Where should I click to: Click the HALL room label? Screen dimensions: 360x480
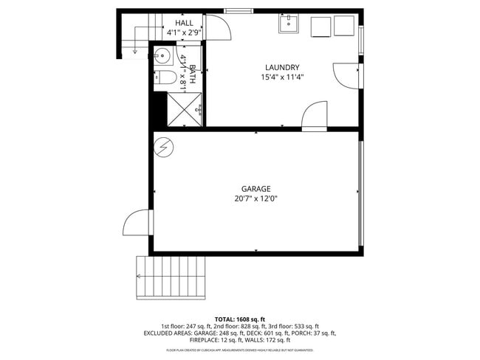(x=184, y=24)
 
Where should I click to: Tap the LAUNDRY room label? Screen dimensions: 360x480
(x=282, y=66)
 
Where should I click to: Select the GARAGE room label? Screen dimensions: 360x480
(x=256, y=189)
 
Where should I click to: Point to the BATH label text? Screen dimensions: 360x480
(x=192, y=72)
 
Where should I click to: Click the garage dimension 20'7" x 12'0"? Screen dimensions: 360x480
(x=256, y=198)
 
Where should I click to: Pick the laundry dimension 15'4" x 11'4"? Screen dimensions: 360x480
(x=282, y=77)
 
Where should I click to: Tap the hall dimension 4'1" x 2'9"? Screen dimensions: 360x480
(x=184, y=33)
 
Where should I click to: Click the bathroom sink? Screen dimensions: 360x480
(x=162, y=57)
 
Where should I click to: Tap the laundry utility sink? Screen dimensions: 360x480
(x=289, y=25)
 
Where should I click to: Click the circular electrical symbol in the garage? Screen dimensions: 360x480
(x=163, y=148)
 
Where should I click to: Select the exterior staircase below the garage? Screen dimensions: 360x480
(x=171, y=277)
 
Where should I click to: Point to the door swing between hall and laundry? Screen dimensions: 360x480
(x=216, y=30)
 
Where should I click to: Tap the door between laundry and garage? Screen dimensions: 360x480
(x=315, y=116)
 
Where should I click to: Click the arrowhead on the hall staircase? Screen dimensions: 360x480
(x=134, y=52)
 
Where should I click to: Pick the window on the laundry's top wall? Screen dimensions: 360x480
(x=238, y=10)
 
